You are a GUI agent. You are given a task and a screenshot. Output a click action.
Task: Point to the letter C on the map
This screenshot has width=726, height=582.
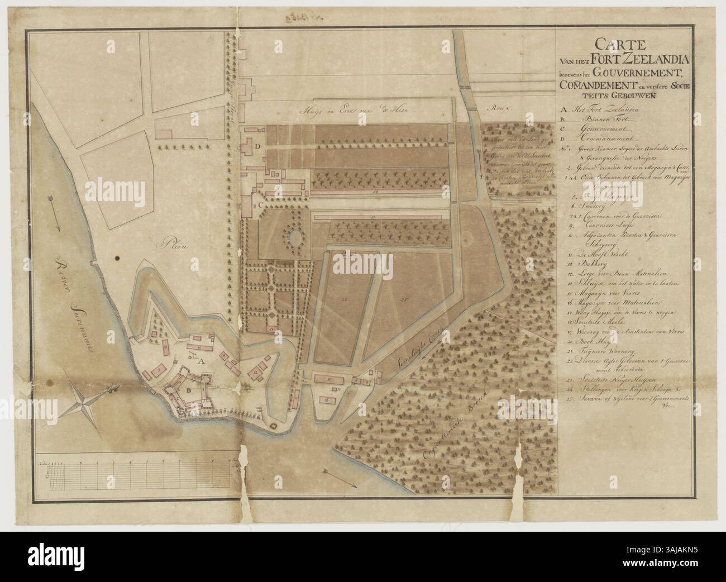[x=261, y=205]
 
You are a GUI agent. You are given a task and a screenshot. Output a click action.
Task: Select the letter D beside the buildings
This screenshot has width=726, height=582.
[x=257, y=146]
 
